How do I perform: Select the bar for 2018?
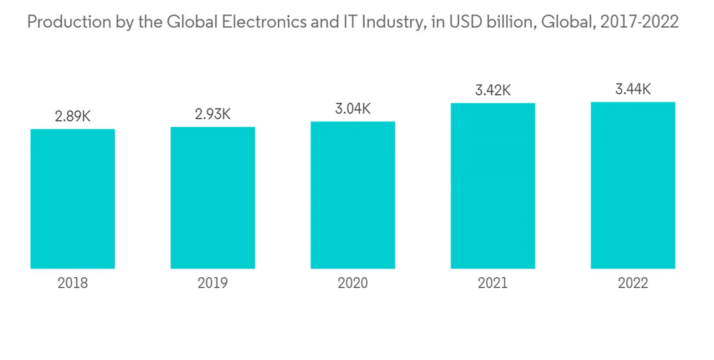73,199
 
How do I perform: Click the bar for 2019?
213,197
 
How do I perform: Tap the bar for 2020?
353,194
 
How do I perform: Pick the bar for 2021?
493,186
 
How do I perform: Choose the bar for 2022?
633,185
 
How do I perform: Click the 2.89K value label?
73,116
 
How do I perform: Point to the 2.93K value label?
213,114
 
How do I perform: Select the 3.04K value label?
353,109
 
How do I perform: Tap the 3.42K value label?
493,91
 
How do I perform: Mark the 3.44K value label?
633,89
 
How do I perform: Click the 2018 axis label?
73,284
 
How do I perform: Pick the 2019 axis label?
213,284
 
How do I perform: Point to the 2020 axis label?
353,284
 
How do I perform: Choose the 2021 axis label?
493,284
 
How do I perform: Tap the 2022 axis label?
633,284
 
